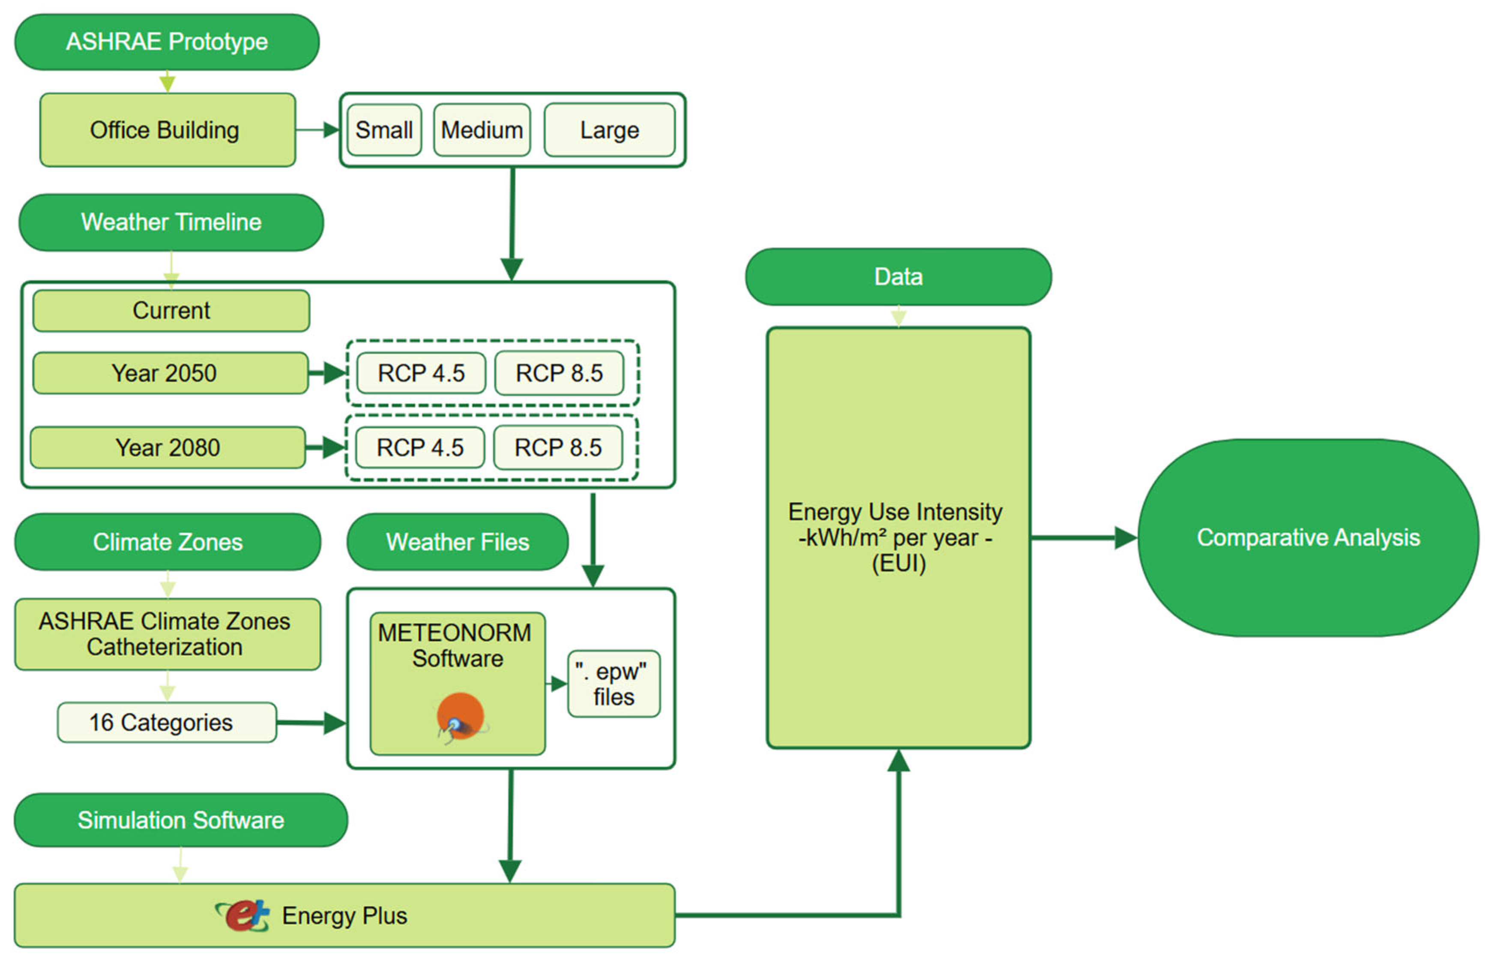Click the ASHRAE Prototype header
coord(167,42)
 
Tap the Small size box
coord(384,130)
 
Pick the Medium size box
coord(482,130)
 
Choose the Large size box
coord(609,130)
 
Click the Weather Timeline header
coord(171,222)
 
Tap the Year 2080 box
coord(167,448)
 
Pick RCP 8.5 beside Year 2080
coord(558,448)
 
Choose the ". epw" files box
coord(614,684)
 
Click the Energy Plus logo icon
coord(244,915)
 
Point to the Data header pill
coord(898,277)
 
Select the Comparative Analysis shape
coord(1308,538)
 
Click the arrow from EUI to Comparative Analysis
coord(1084,538)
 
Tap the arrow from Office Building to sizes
coord(317,130)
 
